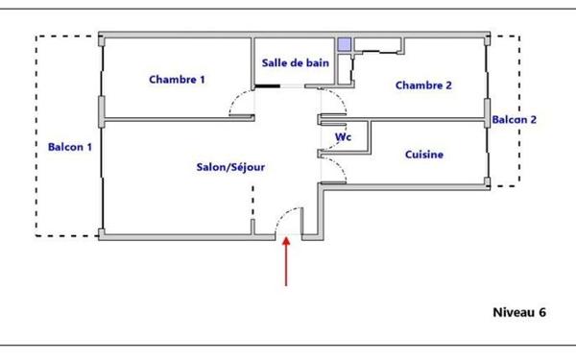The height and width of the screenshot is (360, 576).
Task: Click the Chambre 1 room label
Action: coord(177,80)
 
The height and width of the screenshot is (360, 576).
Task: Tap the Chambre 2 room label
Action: coord(423,84)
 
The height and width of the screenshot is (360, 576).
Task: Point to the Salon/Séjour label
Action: coord(230,167)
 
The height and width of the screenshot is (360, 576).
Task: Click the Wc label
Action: coord(342,137)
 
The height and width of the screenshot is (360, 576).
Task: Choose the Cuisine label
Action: coord(424,155)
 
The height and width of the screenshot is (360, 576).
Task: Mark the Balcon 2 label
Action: coord(515,120)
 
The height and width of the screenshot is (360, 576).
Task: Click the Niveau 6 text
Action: coord(518,312)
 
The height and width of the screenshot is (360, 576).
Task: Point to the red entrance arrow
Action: coord(286,261)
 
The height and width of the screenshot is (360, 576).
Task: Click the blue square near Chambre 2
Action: coord(345,45)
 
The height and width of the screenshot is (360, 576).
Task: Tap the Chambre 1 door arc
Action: coord(238,102)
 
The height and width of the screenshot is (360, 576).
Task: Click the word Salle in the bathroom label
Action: coord(276,62)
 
